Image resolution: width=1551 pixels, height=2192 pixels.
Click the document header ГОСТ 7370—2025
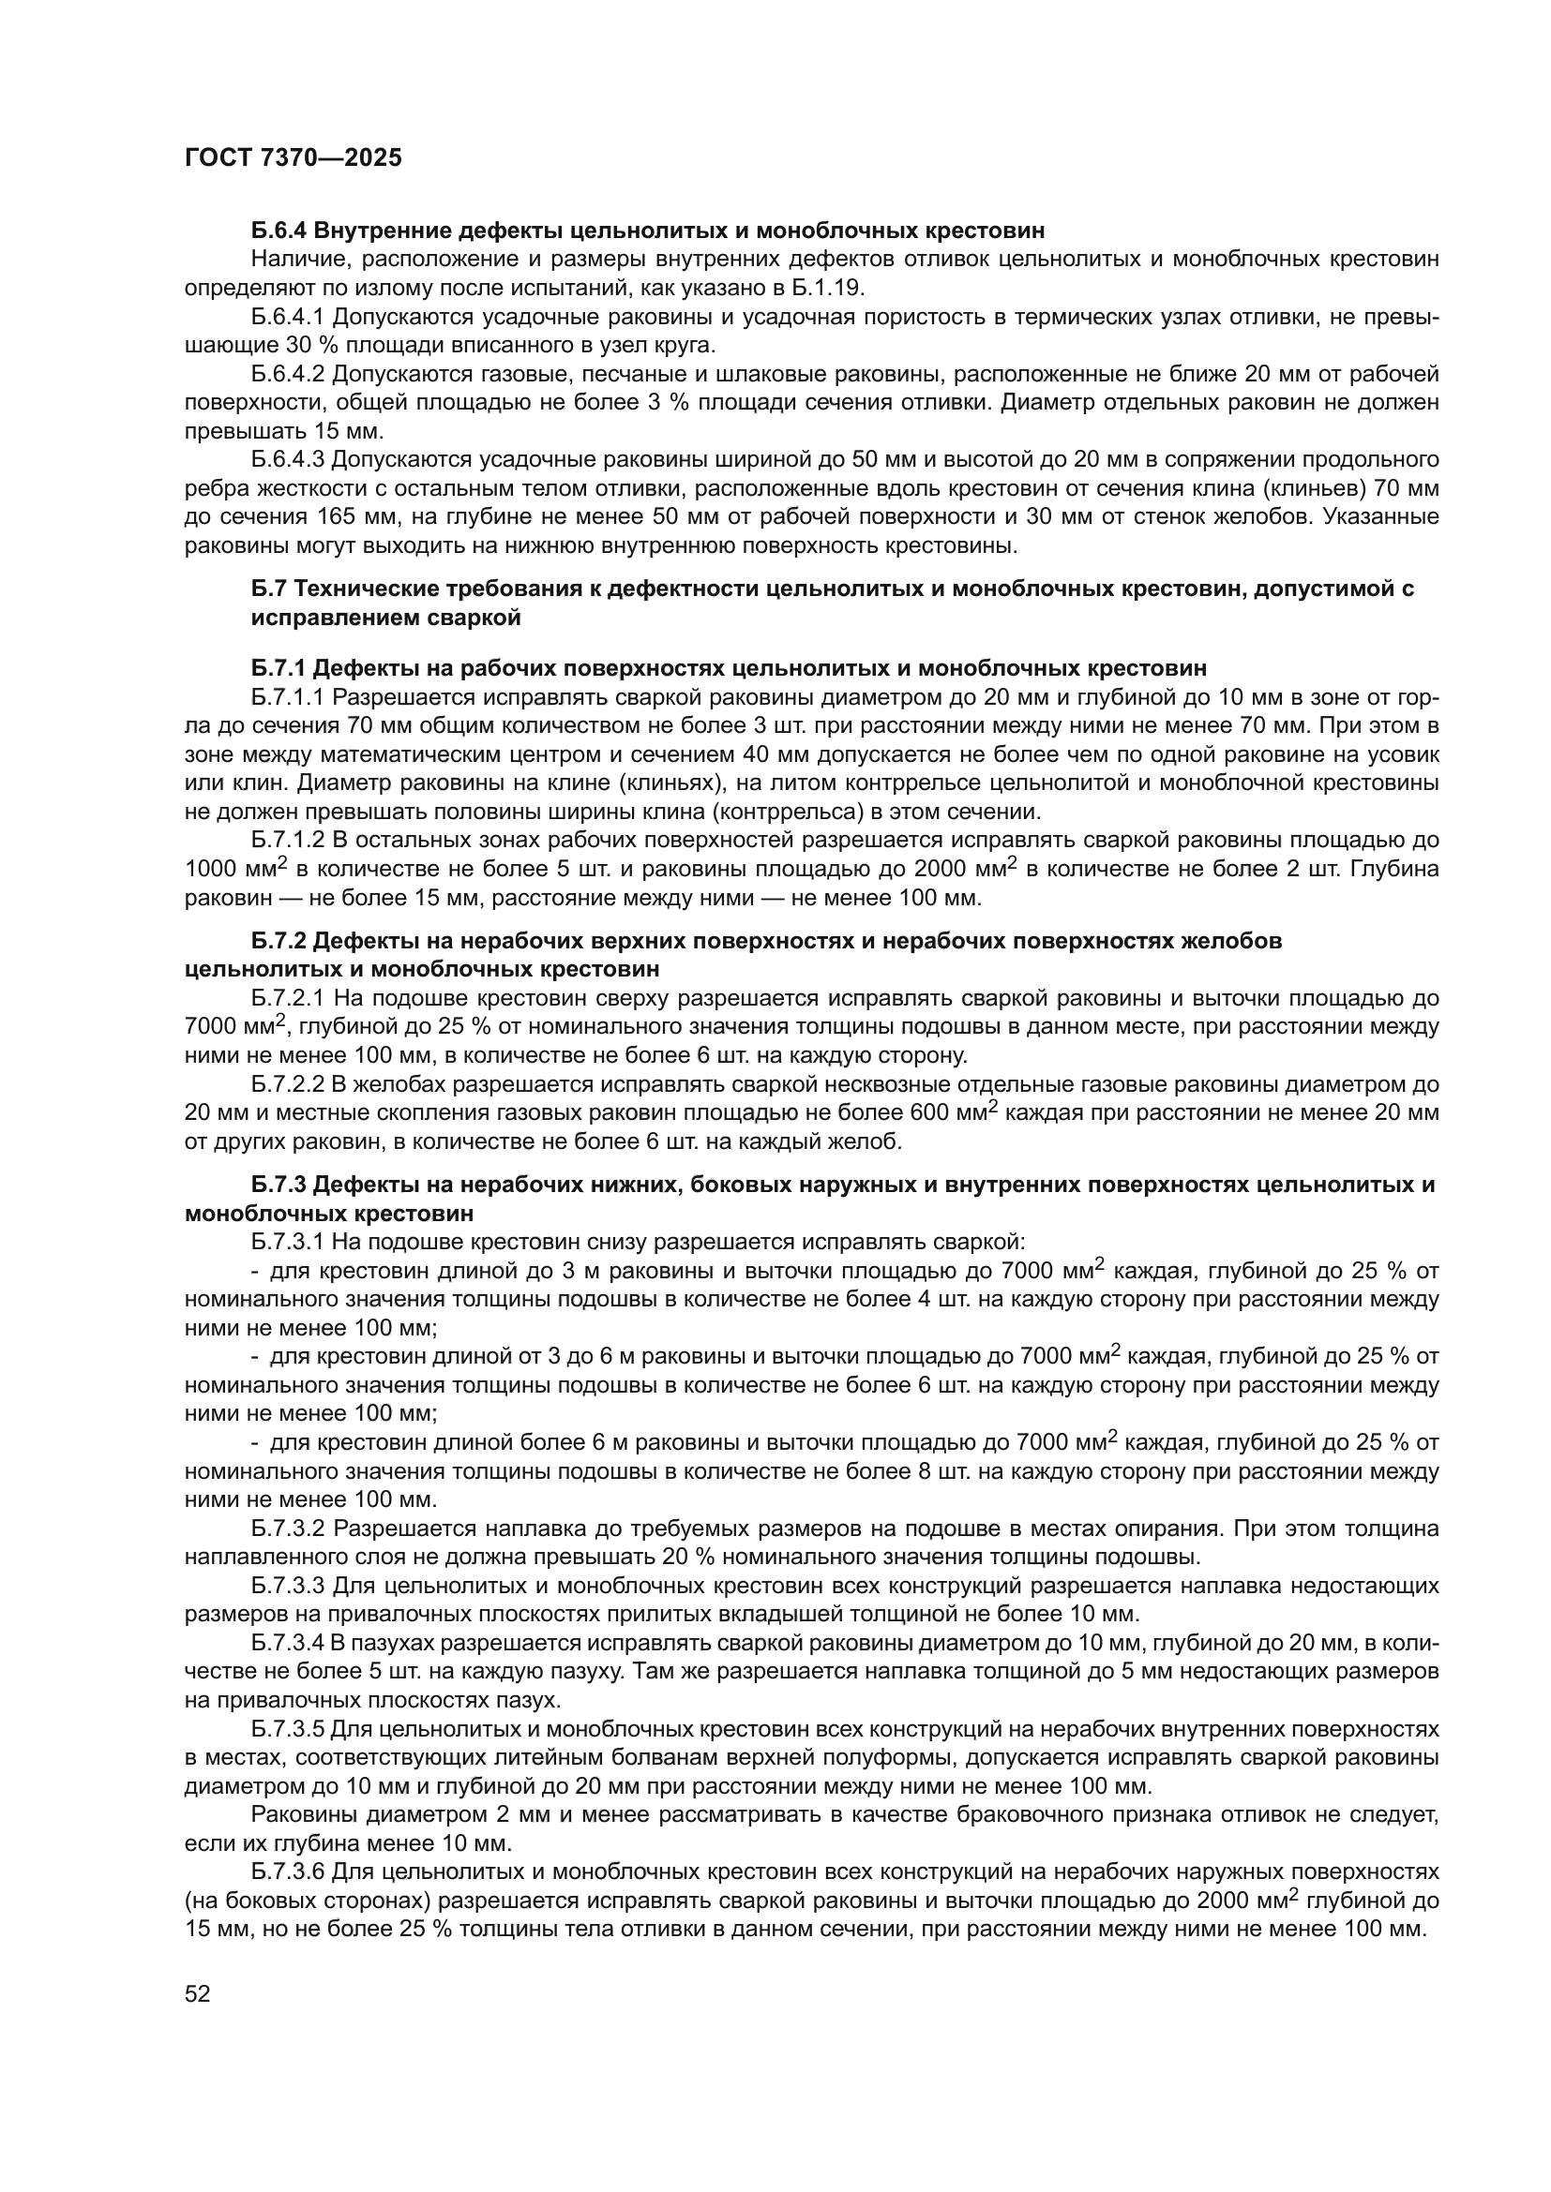coord(294,158)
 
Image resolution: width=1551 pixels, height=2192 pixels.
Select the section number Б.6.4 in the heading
coord(279,231)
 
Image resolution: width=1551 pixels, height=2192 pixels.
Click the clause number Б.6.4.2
coord(290,373)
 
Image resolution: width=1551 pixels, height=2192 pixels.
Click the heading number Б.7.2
coord(279,941)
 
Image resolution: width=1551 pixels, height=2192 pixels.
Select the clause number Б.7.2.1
coord(289,999)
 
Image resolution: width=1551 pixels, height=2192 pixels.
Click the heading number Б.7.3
coord(279,1185)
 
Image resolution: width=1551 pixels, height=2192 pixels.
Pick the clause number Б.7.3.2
coord(289,1528)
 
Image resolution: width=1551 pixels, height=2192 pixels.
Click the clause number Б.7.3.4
coord(289,1643)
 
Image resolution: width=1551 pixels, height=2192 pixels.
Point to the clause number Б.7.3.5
coord(289,1729)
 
